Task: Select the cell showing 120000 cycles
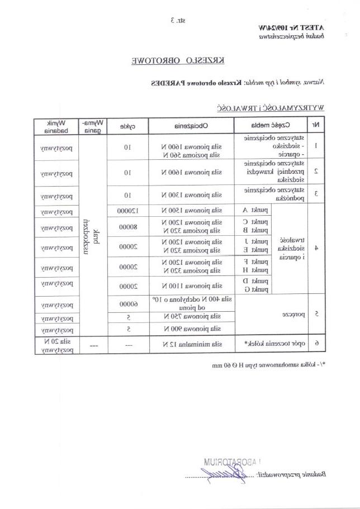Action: pos(127,211)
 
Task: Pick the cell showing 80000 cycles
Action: pos(127,226)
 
